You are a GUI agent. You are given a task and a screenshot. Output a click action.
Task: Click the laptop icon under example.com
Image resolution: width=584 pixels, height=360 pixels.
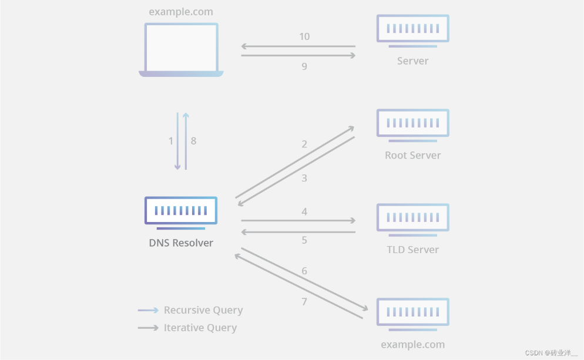coord(181,49)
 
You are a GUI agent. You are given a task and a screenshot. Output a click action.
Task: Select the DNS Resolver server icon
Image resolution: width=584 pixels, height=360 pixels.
coord(181,211)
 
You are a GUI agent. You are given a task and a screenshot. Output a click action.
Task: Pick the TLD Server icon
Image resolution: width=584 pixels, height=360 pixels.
coord(412,218)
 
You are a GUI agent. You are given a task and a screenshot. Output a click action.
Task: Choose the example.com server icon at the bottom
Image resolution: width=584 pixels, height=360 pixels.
coord(412,312)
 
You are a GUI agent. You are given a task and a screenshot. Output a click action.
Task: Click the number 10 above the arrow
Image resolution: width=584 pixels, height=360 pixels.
coord(304,36)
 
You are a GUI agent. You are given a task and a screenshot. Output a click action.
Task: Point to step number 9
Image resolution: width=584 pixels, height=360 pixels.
coord(304,66)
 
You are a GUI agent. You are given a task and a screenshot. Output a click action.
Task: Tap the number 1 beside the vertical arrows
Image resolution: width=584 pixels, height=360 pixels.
coord(171,141)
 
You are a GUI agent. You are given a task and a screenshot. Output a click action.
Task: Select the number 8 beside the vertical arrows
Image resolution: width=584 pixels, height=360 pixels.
coord(193,141)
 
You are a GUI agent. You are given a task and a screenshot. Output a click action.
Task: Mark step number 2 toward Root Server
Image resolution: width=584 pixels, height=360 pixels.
coord(304,144)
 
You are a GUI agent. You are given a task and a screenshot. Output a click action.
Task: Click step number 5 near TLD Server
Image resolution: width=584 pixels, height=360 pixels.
coord(304,240)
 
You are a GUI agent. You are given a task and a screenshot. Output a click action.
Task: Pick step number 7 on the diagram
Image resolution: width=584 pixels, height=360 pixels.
coord(304,302)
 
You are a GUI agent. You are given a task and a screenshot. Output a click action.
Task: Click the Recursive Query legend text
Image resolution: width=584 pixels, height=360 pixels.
coord(203,310)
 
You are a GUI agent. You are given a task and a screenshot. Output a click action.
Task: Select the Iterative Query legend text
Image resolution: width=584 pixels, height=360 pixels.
coord(200,328)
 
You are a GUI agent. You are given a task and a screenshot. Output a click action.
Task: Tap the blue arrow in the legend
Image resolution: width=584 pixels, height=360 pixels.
coord(148,310)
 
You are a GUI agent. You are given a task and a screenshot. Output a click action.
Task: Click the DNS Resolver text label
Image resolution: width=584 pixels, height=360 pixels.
coord(181,243)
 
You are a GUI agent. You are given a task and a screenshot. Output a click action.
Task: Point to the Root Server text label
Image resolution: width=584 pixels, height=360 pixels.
coord(412,156)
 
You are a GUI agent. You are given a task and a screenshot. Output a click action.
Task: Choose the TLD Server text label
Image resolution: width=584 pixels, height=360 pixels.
coord(412,250)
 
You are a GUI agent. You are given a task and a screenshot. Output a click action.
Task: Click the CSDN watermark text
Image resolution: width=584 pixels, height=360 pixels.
coord(551,353)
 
